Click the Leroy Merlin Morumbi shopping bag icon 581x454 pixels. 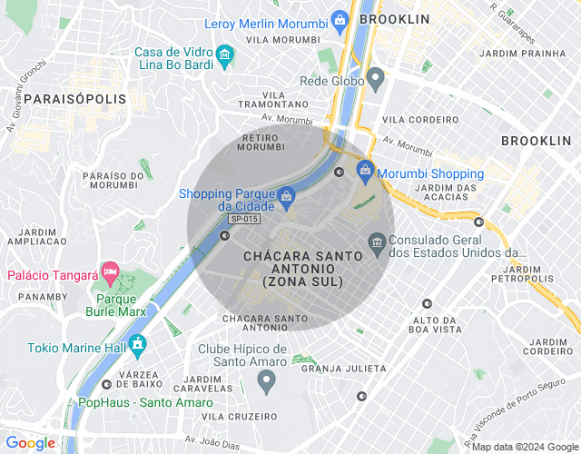340,19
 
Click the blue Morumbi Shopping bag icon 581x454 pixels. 365,170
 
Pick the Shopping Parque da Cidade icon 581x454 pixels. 286,196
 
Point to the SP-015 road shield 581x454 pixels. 243,220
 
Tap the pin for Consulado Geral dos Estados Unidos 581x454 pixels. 377,242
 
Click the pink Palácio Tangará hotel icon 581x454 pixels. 110,271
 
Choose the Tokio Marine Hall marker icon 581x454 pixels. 137,345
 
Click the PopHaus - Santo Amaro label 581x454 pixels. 133,402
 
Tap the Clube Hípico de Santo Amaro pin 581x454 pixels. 266,381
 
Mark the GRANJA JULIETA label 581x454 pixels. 343,370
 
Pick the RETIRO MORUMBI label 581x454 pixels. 266,143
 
